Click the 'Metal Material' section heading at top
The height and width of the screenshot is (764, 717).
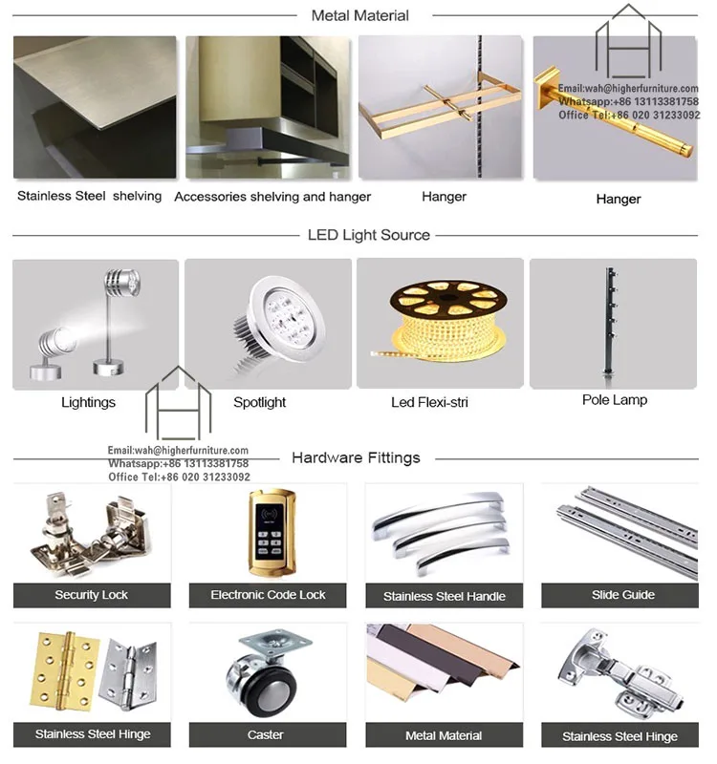click(x=360, y=15)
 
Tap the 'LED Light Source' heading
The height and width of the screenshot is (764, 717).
click(x=369, y=235)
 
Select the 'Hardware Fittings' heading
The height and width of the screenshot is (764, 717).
click(x=356, y=458)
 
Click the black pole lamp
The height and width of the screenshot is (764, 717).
click(x=610, y=322)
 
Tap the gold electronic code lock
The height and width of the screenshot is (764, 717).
click(x=272, y=533)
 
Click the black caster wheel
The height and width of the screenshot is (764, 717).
click(x=262, y=684)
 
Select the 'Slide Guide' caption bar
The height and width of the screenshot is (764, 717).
click(x=619, y=595)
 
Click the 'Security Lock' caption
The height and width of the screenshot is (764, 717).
click(x=92, y=595)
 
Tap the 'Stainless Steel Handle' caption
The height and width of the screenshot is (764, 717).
click(x=444, y=596)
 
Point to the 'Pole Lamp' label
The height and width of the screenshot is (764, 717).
click(x=615, y=400)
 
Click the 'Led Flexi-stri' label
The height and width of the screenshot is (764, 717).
click(x=429, y=402)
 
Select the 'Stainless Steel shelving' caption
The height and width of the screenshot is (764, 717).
click(x=89, y=196)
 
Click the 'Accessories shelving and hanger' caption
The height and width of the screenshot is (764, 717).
click(x=272, y=197)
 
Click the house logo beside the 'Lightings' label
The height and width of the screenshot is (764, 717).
click(x=178, y=402)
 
